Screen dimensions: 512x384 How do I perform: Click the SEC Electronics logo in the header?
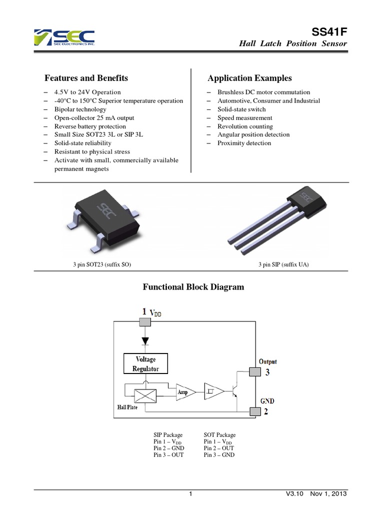(63, 38)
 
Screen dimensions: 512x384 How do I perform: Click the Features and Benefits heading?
(86, 78)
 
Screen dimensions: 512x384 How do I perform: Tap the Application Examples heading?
(249, 78)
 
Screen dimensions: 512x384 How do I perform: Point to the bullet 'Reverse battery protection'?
(90, 126)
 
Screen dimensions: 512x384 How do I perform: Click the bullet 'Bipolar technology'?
(80, 109)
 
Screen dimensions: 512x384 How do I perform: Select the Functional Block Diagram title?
(193, 287)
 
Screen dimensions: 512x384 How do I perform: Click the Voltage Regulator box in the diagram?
(145, 363)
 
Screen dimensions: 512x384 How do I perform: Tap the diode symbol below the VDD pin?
(145, 341)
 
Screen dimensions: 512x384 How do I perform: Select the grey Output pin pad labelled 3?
(255, 371)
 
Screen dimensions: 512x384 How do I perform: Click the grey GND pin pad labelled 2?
(255, 411)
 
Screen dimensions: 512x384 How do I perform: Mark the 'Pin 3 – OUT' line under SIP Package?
(168, 455)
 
